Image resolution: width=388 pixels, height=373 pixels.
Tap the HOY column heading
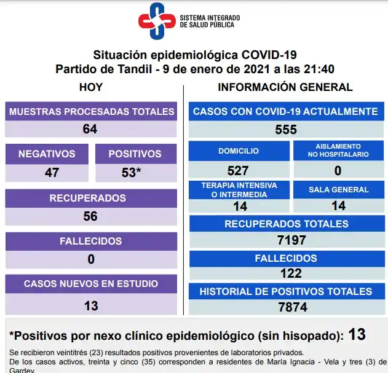[91, 87]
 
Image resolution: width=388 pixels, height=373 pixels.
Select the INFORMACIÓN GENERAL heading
[285, 87]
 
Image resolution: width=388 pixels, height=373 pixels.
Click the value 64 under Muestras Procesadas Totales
[90, 129]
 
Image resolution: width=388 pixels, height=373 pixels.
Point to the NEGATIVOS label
[47, 154]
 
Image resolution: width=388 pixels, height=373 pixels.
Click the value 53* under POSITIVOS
[132, 173]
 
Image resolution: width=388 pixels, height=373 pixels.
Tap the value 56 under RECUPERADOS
[90, 216]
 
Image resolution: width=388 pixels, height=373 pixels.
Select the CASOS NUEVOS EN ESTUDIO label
[91, 284]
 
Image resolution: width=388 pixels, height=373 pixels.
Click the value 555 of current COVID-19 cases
[286, 130]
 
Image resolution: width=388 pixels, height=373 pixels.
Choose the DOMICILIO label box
[239, 151]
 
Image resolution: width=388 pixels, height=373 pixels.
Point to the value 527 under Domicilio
[238, 171]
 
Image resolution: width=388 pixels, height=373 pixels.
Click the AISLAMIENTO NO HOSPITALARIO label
[338, 151]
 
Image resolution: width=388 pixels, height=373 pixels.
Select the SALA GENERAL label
[338, 190]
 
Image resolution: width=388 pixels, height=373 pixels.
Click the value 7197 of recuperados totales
[286, 240]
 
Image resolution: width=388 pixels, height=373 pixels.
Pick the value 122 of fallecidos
[286, 273]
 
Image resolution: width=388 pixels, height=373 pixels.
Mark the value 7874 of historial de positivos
[286, 307]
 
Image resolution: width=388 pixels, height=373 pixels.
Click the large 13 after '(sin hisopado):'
[357, 335]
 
